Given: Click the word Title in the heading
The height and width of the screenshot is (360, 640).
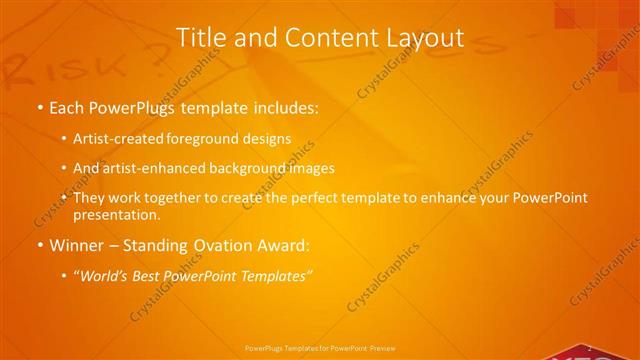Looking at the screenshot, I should [200, 38].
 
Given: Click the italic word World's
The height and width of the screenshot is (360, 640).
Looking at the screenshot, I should [107, 274].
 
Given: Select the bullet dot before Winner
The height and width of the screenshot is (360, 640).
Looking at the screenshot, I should [39, 245].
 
